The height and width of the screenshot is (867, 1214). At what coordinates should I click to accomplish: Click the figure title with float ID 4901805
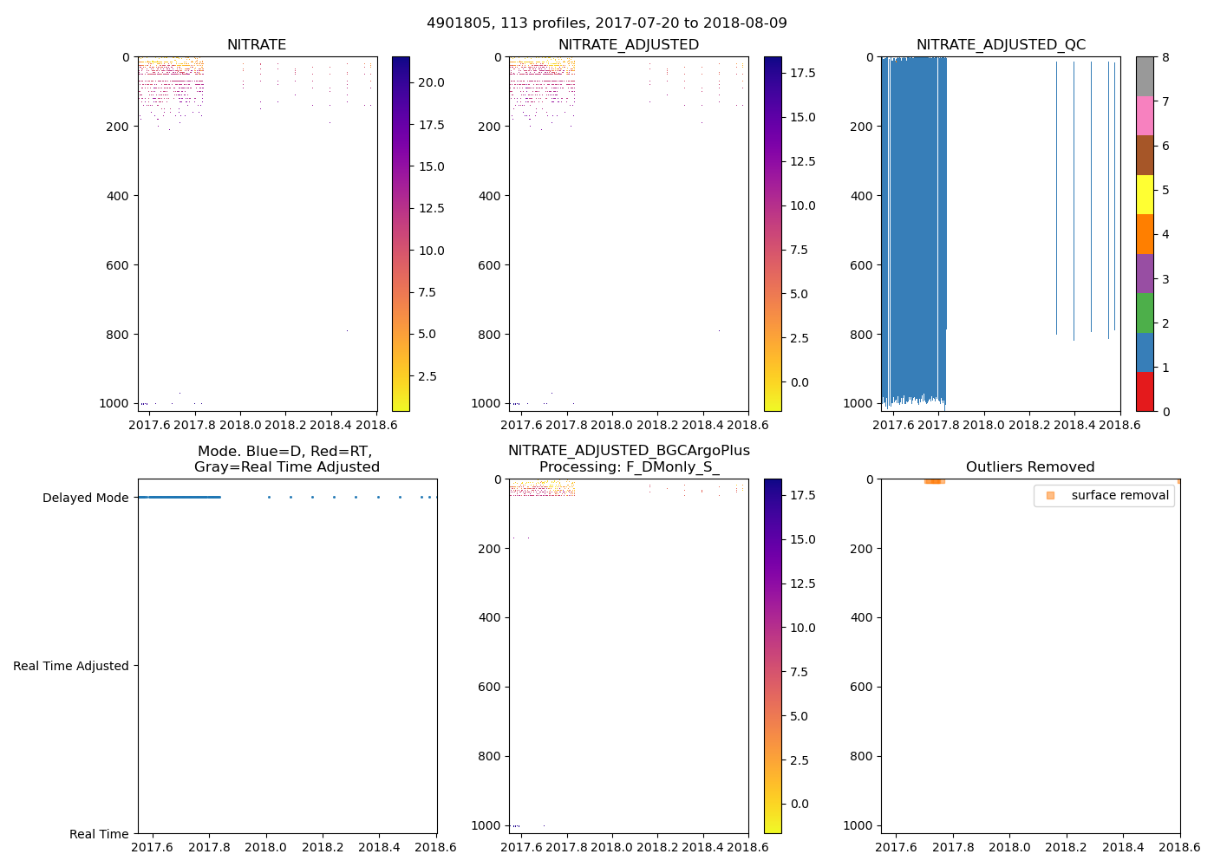(607, 23)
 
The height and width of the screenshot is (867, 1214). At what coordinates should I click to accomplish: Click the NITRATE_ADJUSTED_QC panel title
(1001, 45)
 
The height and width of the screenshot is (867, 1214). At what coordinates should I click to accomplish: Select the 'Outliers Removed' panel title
(1030, 467)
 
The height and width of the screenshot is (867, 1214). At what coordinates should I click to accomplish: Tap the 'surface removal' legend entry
(1119, 496)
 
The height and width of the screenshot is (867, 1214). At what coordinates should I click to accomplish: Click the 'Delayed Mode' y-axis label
(85, 498)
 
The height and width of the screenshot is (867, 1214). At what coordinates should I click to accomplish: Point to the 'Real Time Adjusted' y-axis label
(71, 666)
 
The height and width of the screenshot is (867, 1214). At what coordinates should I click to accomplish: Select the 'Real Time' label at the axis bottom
(99, 834)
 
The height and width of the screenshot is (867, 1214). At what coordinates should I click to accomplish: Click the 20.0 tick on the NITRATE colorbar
(432, 83)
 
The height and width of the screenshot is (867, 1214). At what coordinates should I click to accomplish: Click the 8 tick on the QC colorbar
(1166, 57)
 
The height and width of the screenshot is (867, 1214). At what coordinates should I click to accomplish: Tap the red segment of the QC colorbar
(1145, 392)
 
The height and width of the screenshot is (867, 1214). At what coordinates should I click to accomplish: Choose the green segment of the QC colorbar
(1145, 313)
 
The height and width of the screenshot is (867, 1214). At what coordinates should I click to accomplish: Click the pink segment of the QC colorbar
(1145, 115)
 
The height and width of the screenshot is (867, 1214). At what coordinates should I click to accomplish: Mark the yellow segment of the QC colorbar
(1145, 194)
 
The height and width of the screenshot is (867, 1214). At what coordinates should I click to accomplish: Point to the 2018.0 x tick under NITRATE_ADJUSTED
(612, 425)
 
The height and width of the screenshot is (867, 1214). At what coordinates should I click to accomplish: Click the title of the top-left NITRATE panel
(257, 45)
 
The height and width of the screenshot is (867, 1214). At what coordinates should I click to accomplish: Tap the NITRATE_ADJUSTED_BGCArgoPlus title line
(629, 451)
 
